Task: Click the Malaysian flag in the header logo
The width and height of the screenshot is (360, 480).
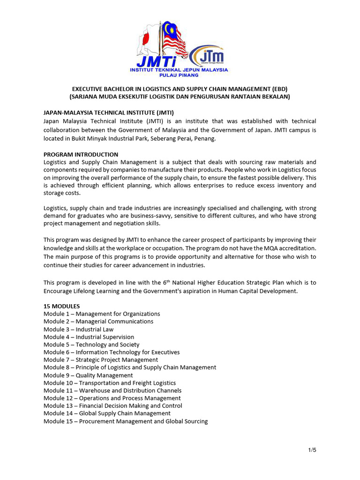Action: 173,40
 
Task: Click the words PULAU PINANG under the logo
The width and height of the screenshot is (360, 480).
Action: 179,75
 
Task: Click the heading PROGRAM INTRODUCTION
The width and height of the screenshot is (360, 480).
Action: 81,154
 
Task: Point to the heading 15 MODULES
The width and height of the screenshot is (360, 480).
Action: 61,306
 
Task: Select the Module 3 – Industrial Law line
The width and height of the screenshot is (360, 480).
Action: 78,329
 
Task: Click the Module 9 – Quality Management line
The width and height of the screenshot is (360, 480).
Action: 88,375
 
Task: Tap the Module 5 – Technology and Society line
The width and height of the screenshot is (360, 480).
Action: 91,345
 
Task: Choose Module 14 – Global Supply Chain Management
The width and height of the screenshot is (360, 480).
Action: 107,413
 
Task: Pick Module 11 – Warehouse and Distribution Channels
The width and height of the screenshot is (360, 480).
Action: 112,390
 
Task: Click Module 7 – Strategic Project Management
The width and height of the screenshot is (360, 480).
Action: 101,360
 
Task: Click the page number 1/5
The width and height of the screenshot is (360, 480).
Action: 312,450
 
